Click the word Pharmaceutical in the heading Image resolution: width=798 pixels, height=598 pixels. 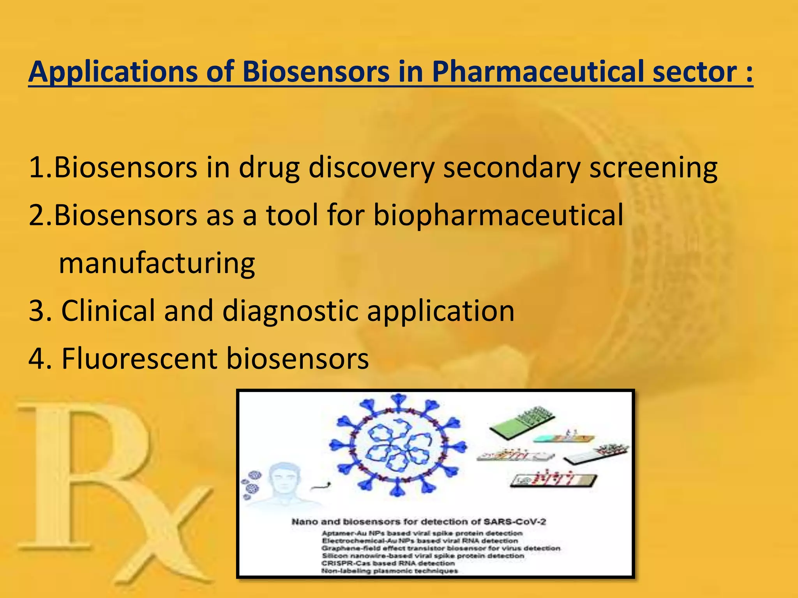[x=538, y=72]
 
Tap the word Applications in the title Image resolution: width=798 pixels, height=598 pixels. [x=113, y=72]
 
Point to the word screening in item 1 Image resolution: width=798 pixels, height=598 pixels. [x=653, y=168]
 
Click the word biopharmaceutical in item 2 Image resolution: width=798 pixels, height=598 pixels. [x=498, y=215]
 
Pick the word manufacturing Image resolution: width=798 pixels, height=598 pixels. [x=157, y=263]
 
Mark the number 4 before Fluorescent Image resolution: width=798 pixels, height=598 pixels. [x=37, y=359]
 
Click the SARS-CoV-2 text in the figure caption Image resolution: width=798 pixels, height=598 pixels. [x=514, y=522]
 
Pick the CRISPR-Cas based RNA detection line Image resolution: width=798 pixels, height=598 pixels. [x=388, y=563]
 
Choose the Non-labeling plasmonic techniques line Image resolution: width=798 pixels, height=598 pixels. [x=389, y=571]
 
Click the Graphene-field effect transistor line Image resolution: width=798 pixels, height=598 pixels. [x=440, y=548]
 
